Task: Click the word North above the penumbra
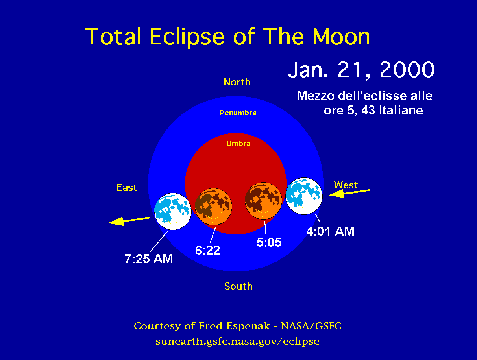[x=237, y=82]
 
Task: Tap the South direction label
[x=238, y=286]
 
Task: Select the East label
[x=127, y=188]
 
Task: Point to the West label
[x=346, y=185]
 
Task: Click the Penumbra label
[x=238, y=113]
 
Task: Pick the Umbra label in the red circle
[x=238, y=143]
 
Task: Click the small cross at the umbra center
[x=236, y=184]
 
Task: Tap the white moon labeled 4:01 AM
[x=304, y=196]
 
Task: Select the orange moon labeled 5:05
[x=263, y=201]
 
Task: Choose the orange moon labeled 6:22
[x=213, y=207]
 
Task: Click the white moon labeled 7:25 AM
[x=173, y=211]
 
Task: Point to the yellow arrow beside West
[x=349, y=193]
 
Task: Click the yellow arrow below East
[x=129, y=221]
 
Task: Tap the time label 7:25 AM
[x=149, y=259]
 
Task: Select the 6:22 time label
[x=207, y=250]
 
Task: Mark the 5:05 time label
[x=269, y=242]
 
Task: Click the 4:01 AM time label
[x=330, y=231]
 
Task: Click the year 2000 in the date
[x=407, y=69]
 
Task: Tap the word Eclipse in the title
[x=187, y=37]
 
